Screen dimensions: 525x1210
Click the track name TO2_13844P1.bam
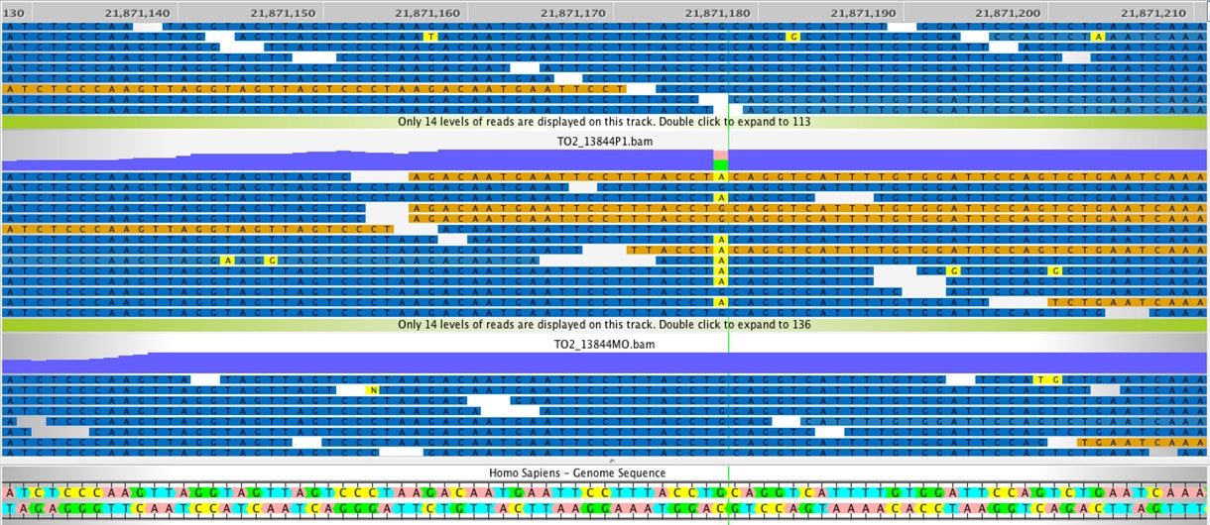pos(604,142)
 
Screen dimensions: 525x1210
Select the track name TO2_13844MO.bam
pos(604,344)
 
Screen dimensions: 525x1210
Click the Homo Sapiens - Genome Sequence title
pos(576,473)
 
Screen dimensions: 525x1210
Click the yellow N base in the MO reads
pos(373,390)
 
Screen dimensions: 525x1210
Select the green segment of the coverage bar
pos(721,164)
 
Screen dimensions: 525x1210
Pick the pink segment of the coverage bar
pos(721,155)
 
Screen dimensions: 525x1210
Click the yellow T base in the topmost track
pos(429,36)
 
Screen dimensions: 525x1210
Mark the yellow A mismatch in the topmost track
pos(1098,36)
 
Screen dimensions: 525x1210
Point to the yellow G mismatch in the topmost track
pos(792,36)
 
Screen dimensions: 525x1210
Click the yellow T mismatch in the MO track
pos(1039,379)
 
